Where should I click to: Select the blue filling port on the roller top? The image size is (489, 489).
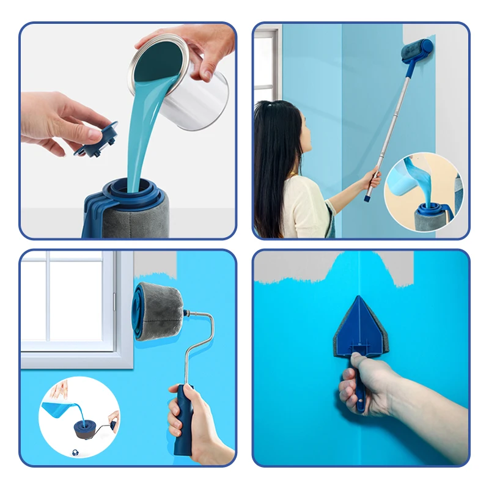131,189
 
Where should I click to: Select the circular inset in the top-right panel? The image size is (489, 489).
423,192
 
